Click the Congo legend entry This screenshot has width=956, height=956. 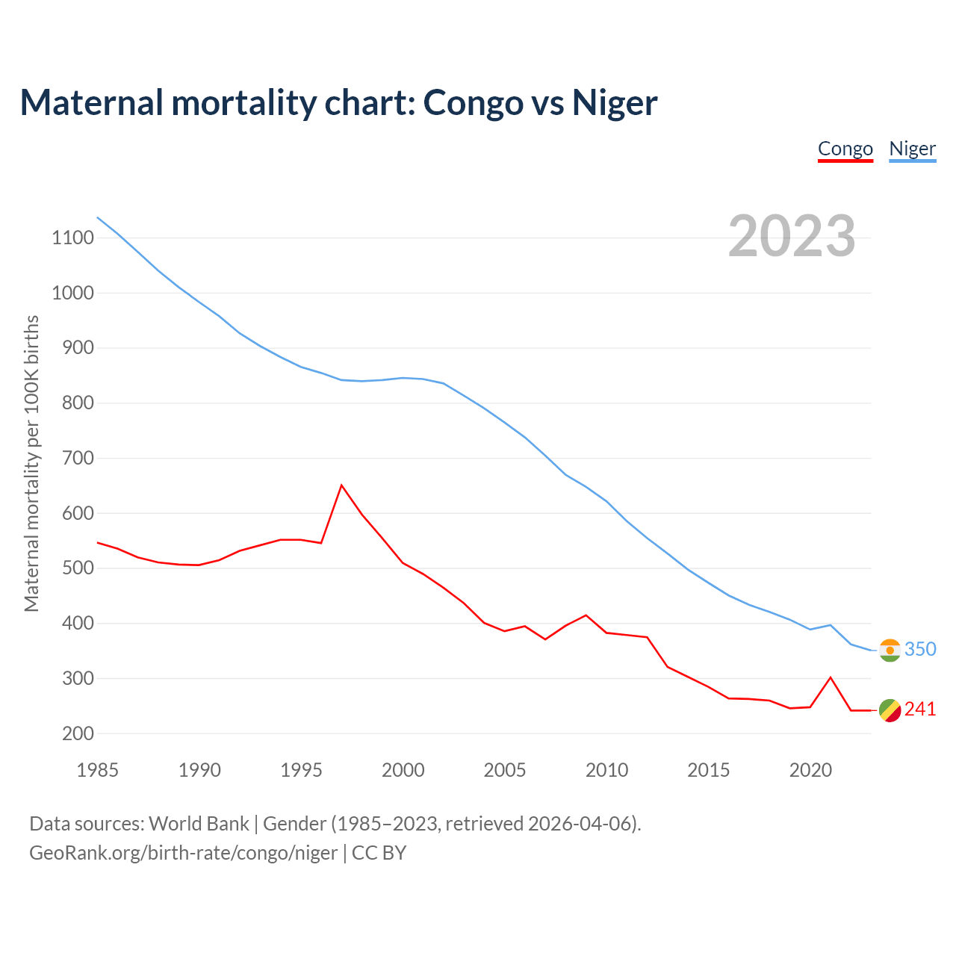point(845,149)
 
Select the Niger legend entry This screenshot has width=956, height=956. point(912,149)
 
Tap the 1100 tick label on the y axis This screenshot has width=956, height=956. point(72,238)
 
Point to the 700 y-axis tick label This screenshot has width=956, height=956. point(78,458)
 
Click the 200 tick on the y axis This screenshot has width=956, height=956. point(78,733)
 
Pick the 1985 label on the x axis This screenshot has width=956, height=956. point(98,770)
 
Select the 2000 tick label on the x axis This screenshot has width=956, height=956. point(403,770)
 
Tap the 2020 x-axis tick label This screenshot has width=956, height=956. point(810,770)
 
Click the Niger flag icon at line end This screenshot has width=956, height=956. point(890,650)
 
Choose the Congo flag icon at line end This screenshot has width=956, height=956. point(890,710)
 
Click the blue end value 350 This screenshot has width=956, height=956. point(920,649)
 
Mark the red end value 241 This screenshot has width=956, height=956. point(920,709)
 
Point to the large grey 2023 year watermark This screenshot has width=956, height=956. point(792,236)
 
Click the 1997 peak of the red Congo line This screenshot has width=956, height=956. point(342,485)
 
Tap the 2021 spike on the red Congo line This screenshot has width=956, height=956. point(831,677)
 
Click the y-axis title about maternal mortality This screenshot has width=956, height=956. point(31,463)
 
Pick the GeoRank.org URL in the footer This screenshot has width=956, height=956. point(183,853)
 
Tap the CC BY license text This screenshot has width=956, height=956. point(379,853)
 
